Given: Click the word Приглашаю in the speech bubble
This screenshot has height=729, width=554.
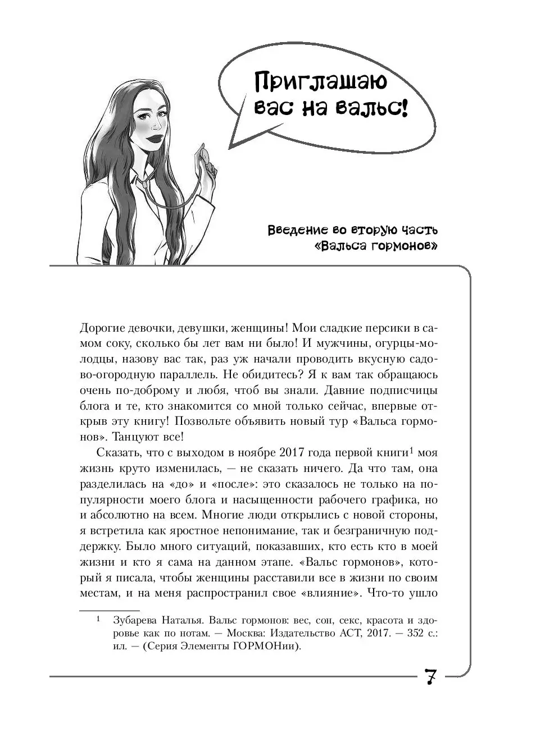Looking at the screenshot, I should point(321,82).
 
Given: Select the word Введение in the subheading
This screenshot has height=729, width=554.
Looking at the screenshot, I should point(298,230).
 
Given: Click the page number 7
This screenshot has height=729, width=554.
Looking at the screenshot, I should point(430,677).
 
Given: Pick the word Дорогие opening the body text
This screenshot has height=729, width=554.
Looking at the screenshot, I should point(105,328).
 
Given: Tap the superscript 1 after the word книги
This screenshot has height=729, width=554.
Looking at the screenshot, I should point(411,449).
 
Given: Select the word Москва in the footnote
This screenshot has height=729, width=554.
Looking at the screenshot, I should point(247,633).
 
